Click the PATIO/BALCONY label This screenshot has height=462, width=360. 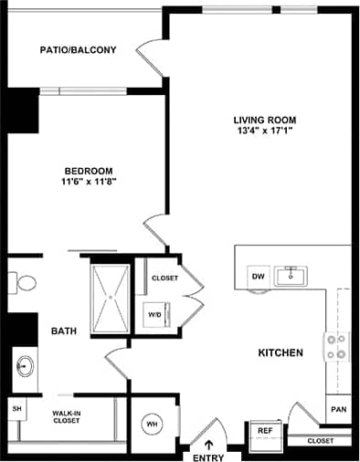point(78,50)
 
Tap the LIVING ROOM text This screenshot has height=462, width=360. point(265,120)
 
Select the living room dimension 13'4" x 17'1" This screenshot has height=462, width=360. point(265,131)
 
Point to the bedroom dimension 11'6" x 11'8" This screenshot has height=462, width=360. point(89,181)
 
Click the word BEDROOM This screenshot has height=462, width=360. point(89,170)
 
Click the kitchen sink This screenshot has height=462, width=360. point(291,274)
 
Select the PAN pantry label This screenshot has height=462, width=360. point(338,409)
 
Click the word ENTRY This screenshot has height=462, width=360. point(208,456)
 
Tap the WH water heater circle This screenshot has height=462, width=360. point(152,423)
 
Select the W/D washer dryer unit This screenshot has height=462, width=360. point(155,315)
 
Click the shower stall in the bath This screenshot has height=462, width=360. point(111,296)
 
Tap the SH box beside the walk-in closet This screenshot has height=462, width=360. point(16,409)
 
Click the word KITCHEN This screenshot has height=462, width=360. point(281,352)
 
